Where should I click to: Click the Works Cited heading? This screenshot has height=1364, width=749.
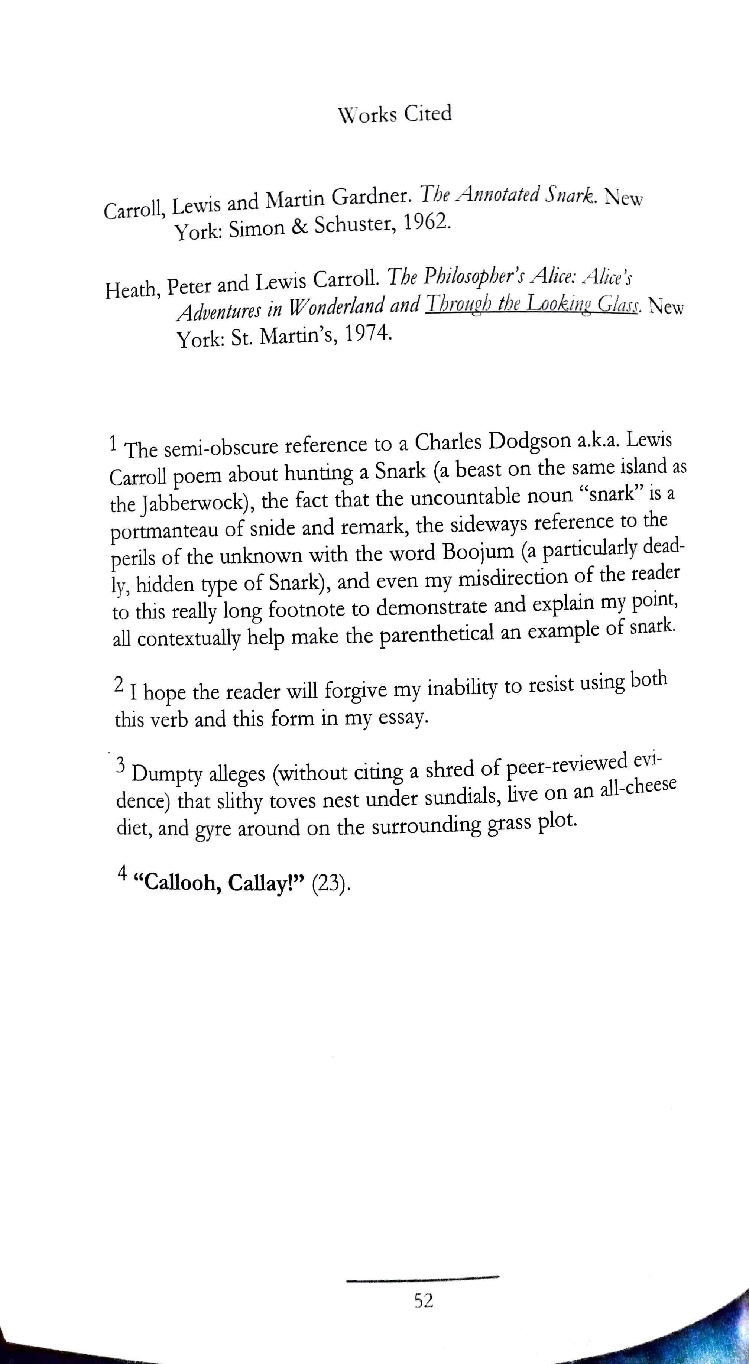pos(395,114)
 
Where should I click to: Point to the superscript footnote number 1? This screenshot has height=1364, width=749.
pos(112,443)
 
